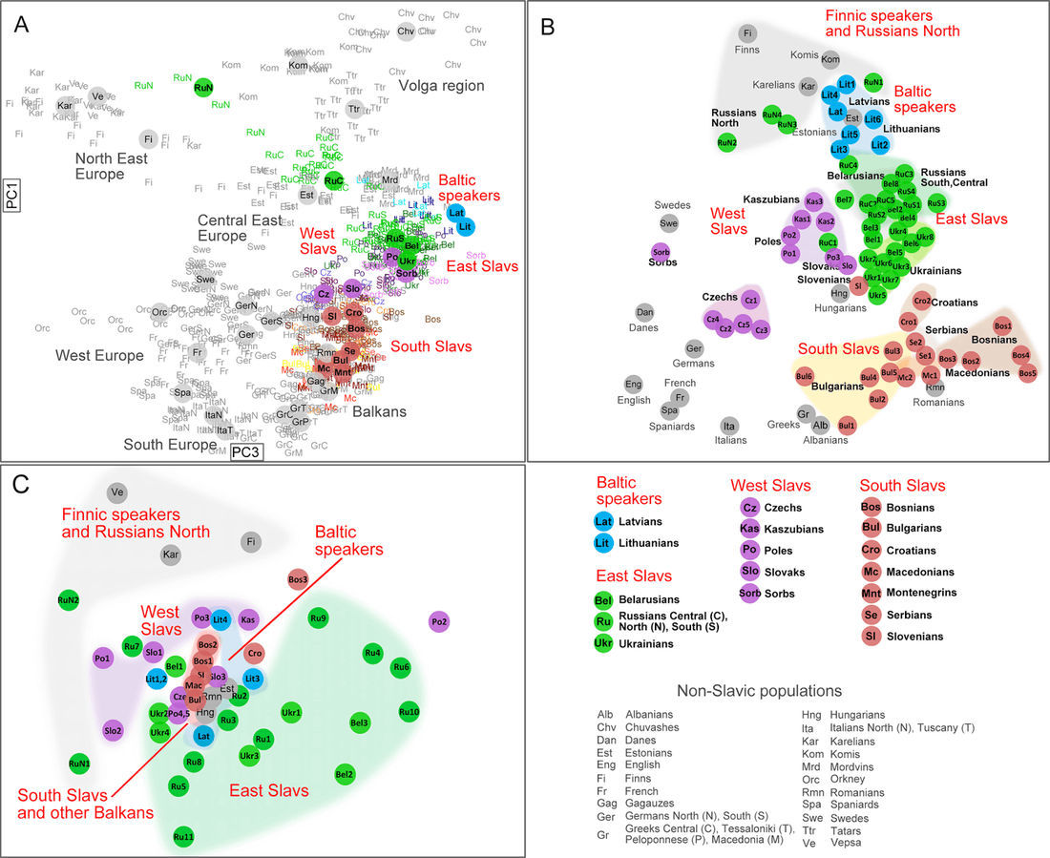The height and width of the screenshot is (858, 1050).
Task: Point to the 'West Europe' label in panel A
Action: pyautogui.click(x=100, y=356)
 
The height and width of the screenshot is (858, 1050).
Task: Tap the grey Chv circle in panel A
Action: pyautogui.click(x=406, y=31)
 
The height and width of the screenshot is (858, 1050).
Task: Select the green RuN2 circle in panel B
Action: pyautogui.click(x=727, y=143)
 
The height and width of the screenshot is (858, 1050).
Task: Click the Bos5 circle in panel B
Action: pyautogui.click(x=1027, y=373)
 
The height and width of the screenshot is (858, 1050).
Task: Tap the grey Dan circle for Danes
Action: pyautogui.click(x=646, y=312)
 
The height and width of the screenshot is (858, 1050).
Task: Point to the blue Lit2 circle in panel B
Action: pyautogui.click(x=880, y=144)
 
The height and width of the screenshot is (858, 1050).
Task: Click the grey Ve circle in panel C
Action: pyautogui.click(x=118, y=492)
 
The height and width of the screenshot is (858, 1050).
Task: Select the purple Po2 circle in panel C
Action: pyautogui.click(x=439, y=621)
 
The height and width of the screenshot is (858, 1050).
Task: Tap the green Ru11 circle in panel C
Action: pyautogui.click(x=184, y=837)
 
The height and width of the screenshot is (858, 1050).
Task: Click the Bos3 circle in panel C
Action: pyautogui.click(x=298, y=578)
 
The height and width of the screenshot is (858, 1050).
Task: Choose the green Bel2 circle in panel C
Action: pyautogui.click(x=346, y=773)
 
